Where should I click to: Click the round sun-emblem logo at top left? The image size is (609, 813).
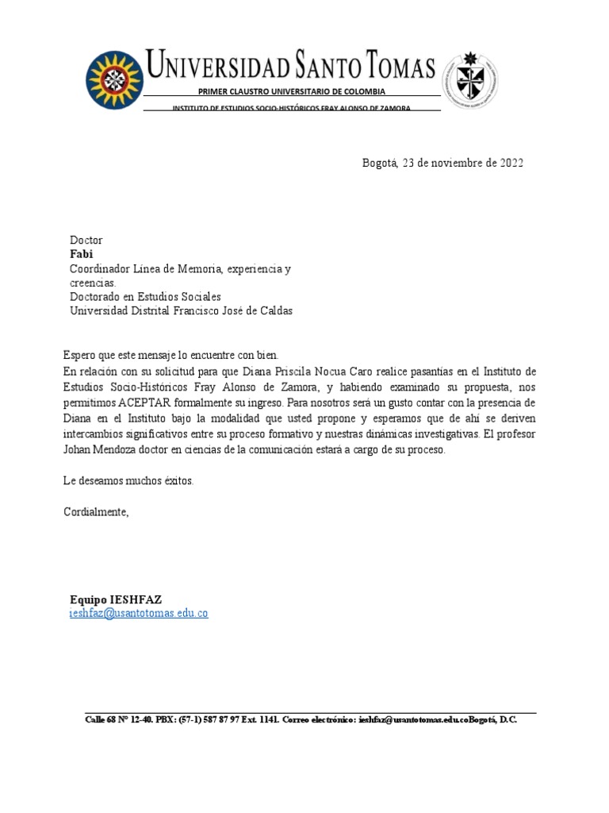115,80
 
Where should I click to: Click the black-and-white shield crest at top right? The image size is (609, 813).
470,80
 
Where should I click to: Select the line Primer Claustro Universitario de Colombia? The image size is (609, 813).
291,92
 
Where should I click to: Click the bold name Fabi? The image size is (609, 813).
82,255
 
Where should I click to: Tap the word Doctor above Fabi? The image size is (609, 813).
86,241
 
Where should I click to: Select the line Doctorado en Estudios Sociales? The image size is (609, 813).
145,297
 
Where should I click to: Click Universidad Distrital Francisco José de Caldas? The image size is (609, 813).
181,311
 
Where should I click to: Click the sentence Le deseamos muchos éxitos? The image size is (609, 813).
128,481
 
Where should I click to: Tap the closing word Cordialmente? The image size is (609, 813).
96,512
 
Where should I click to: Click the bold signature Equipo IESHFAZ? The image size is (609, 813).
116,599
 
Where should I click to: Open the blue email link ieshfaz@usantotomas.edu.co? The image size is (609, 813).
139,614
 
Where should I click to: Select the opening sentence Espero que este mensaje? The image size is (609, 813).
170,355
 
